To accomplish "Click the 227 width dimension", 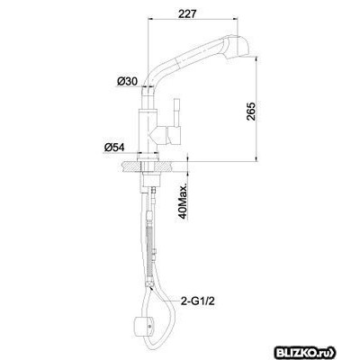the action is (187, 13).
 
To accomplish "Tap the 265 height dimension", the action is (251, 112).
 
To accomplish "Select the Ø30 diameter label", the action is (127, 81).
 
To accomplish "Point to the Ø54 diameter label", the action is (114, 148).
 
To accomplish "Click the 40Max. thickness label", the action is (184, 200).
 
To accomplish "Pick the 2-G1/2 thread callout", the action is (197, 301).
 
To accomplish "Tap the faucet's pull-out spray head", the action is (237, 47).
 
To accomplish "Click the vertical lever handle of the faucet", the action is (177, 112).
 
